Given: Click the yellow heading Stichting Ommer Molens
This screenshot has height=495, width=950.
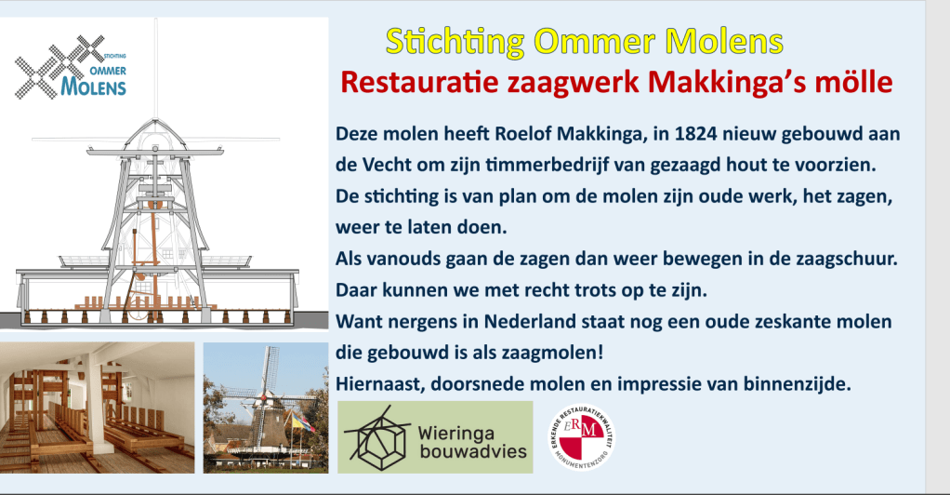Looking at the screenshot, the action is pyautogui.click(x=585, y=43).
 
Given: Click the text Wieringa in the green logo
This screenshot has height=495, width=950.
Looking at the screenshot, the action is pyautogui.click(x=456, y=435).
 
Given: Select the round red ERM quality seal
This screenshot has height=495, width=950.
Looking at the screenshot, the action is pyautogui.click(x=582, y=437).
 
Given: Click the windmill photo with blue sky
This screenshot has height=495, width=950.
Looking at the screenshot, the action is pyautogui.click(x=266, y=408).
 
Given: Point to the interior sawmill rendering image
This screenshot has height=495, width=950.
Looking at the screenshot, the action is pyautogui.click(x=98, y=408).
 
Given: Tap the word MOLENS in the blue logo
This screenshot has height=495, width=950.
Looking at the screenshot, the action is pyautogui.click(x=93, y=87).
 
